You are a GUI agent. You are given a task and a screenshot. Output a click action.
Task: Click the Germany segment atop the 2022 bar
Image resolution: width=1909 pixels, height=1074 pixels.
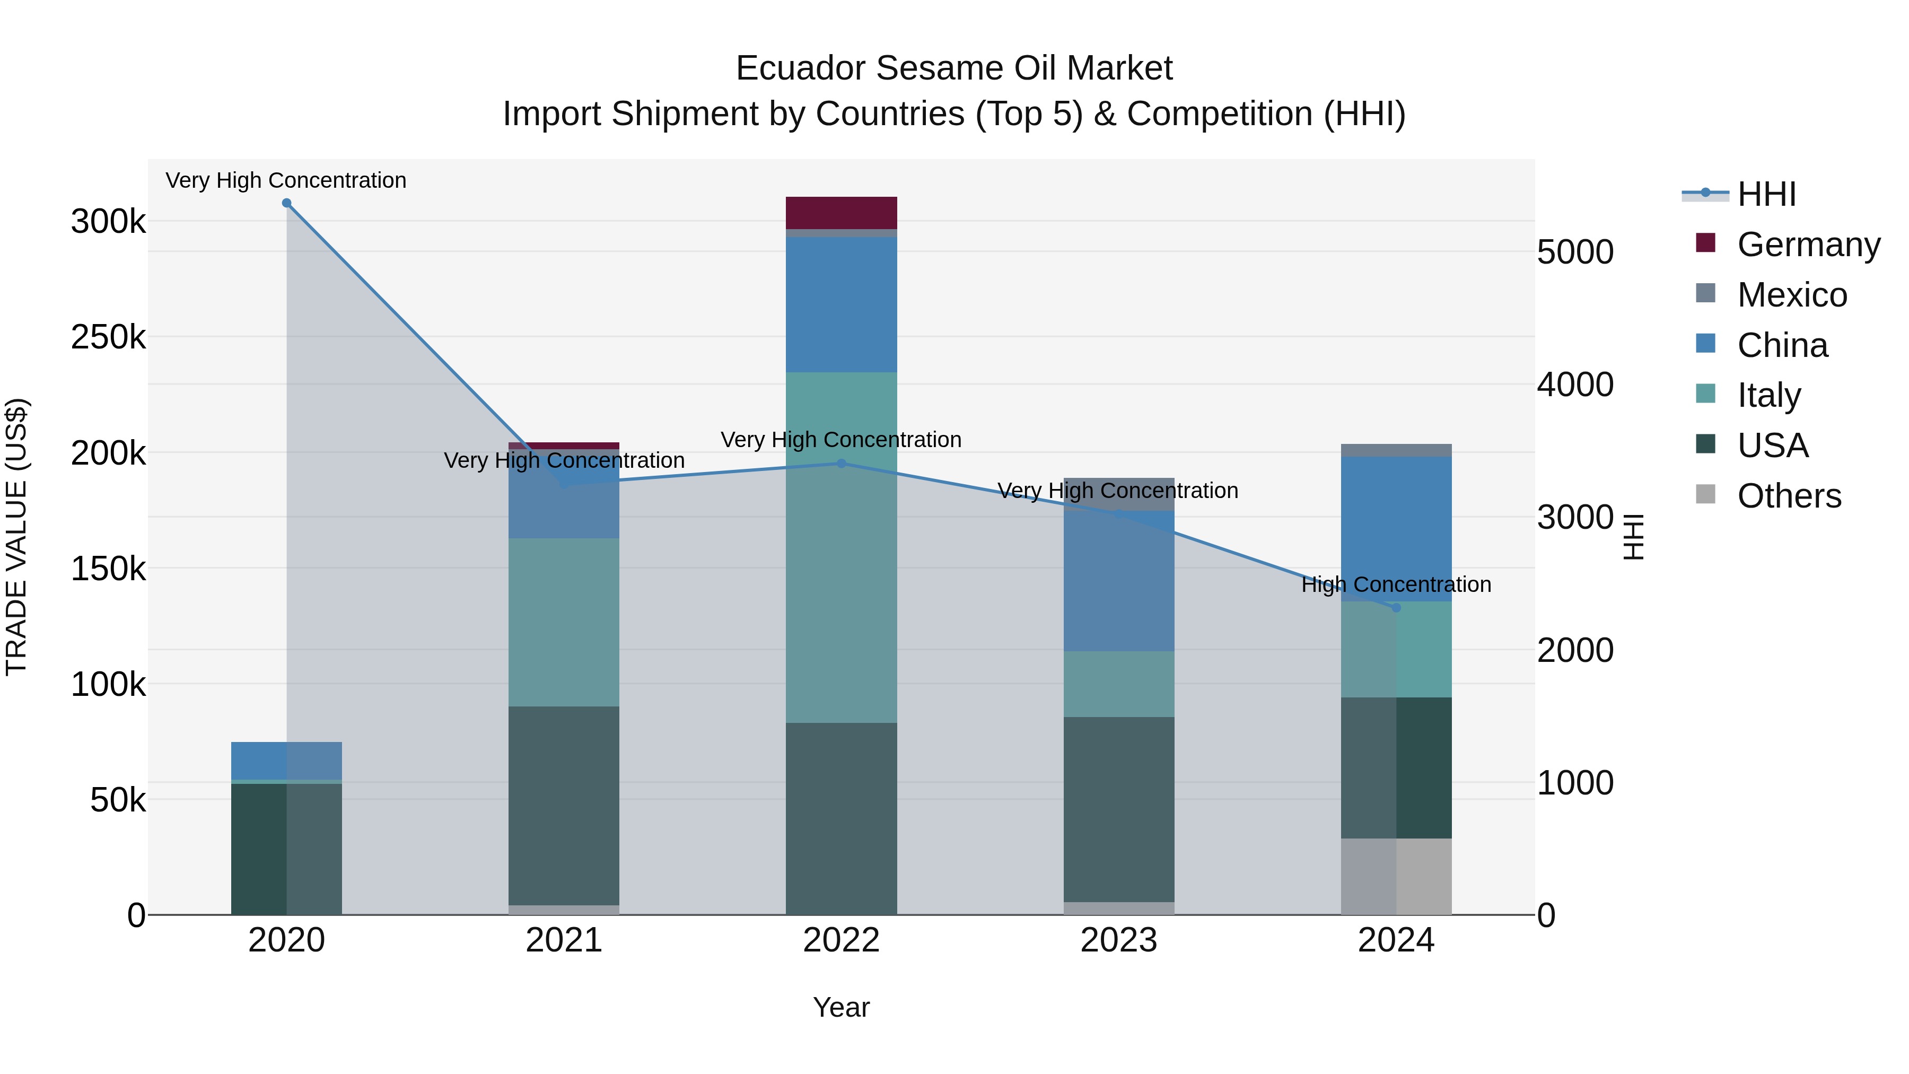[841, 213]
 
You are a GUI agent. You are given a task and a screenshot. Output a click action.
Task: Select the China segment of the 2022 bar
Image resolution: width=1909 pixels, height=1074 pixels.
[841, 304]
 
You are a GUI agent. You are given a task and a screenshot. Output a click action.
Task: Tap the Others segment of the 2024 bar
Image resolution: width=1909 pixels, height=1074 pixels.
[1396, 876]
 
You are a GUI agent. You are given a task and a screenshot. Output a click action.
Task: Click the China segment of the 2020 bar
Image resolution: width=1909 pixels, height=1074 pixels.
[287, 761]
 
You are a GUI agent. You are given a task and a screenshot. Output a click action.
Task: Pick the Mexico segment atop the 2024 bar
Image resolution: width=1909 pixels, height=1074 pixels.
[1396, 450]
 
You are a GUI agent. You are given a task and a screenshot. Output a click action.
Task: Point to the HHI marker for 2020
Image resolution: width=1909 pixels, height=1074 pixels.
[287, 203]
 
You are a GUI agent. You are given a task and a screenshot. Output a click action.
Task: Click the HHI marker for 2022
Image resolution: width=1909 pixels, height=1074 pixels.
[841, 464]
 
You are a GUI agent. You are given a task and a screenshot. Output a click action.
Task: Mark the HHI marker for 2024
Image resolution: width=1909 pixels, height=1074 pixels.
[1396, 608]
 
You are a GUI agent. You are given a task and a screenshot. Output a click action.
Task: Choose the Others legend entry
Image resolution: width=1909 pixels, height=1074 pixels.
[1788, 496]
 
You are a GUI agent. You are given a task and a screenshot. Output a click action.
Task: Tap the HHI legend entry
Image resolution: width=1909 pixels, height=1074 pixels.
[1765, 194]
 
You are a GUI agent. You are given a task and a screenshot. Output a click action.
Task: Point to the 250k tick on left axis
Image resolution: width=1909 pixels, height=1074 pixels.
[108, 337]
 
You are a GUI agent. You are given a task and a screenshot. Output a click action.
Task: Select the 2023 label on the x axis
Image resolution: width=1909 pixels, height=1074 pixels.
[1118, 940]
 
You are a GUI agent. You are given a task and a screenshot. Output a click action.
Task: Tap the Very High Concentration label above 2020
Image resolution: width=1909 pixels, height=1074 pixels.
[286, 180]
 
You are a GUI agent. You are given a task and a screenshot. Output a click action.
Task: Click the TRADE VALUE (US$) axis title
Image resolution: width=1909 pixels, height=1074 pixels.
[16, 537]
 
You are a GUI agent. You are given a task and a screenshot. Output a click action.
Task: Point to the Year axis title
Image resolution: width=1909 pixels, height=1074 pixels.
[841, 1007]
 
